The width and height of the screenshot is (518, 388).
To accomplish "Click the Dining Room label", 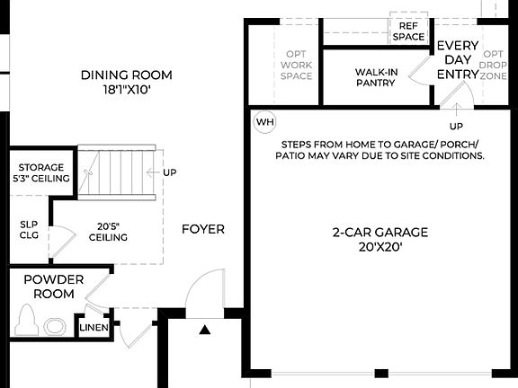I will click(126, 75).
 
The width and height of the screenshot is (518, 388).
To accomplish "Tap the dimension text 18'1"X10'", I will click(126, 90).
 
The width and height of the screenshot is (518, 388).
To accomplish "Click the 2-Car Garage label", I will click(378, 232).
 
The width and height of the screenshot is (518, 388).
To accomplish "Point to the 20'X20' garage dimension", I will click(378, 247).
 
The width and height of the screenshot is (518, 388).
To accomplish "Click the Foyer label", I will click(203, 229).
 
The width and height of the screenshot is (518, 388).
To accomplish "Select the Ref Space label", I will click(408, 31).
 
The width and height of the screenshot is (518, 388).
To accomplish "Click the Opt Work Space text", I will click(296, 65).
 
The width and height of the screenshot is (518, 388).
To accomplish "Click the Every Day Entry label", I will click(458, 60).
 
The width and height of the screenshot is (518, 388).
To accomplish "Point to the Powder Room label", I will click(53, 287).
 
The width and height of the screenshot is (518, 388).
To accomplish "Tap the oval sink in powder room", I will click(56, 326).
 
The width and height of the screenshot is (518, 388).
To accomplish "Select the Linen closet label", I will click(94, 327).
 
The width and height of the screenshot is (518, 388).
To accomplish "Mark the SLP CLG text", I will click(30, 231).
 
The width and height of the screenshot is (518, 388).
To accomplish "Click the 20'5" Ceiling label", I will click(107, 231).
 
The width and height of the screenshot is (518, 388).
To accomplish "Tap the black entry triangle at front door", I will click(205, 330).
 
